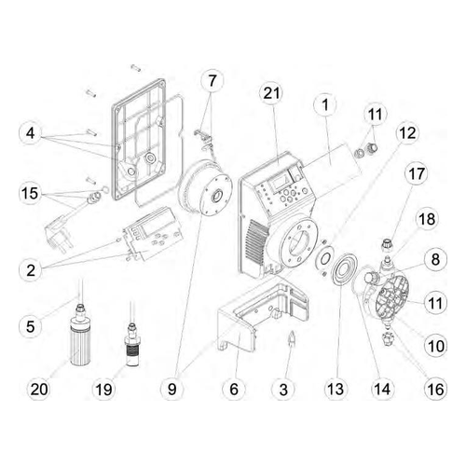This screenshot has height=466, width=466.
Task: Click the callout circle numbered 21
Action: point(271,93)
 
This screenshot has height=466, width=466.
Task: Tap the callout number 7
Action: point(212,81)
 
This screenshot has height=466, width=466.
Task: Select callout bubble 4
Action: point(30,133)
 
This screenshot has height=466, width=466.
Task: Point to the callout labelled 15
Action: point(30,193)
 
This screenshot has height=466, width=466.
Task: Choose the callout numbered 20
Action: point(39,389)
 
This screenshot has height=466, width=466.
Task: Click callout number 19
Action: point(104,389)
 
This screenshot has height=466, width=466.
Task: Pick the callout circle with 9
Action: point(172,389)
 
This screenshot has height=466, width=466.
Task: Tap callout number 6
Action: point(234,389)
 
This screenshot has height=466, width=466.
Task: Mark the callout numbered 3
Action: point(283,389)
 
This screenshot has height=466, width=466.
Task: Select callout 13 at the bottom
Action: point(336,389)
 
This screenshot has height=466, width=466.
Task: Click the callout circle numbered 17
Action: point(417,174)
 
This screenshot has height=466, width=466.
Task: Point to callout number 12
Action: point(407,133)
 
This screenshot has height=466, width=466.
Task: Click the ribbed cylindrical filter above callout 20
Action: point(80,344)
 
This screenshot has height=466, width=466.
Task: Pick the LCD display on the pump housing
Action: point(278,184)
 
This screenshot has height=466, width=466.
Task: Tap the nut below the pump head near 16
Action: point(387,339)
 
